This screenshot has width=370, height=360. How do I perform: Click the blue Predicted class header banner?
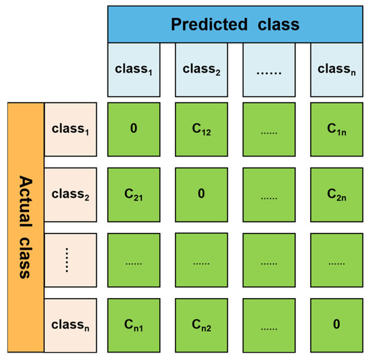click(235, 26)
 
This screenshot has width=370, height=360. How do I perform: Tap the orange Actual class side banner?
click(26, 227)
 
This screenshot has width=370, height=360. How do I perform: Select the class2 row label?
click(71, 194)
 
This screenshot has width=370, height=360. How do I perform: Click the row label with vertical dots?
click(71, 260)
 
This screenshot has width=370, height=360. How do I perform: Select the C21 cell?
click(134, 194)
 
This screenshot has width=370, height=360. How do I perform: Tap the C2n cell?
click(336, 194)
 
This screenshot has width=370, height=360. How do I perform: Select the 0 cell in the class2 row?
click(201, 194)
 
